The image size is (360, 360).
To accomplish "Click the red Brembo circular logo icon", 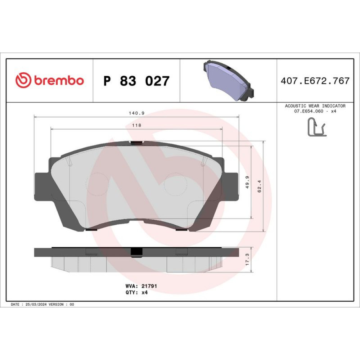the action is click(x=23, y=80).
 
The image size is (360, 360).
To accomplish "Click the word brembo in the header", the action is click(x=59, y=80).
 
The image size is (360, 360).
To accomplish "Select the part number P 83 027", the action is click(x=136, y=81).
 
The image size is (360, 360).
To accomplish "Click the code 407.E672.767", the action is click(x=315, y=81).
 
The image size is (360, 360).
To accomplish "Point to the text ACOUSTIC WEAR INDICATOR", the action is click(x=315, y=106).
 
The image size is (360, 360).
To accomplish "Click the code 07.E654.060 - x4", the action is click(x=315, y=111).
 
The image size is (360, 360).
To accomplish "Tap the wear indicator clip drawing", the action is click(x=317, y=127).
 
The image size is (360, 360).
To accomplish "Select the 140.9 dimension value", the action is click(x=136, y=113).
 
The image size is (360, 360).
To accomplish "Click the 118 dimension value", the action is click(x=136, y=125).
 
